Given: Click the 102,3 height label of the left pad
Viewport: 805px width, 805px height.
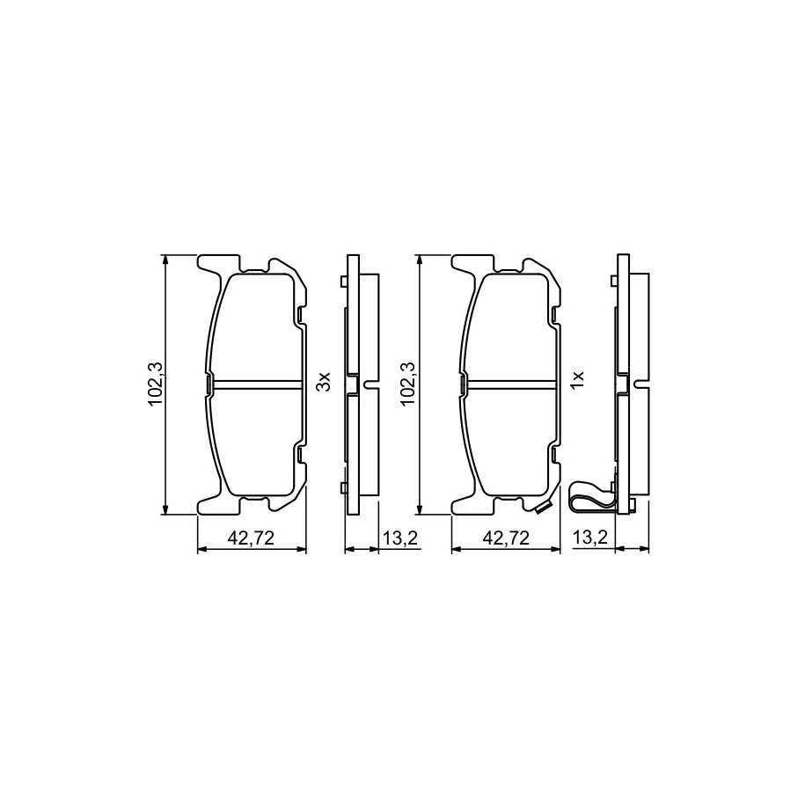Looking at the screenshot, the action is [155, 384].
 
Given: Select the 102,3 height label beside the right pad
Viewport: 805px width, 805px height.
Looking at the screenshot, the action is [409, 384].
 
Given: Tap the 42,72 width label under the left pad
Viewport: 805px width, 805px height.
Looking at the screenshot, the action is [251, 538].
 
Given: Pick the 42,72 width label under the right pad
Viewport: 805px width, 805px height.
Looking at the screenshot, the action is [506, 538].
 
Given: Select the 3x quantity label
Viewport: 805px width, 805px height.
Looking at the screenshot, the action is [325, 382].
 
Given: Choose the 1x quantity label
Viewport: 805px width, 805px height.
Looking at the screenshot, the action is [579, 382].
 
